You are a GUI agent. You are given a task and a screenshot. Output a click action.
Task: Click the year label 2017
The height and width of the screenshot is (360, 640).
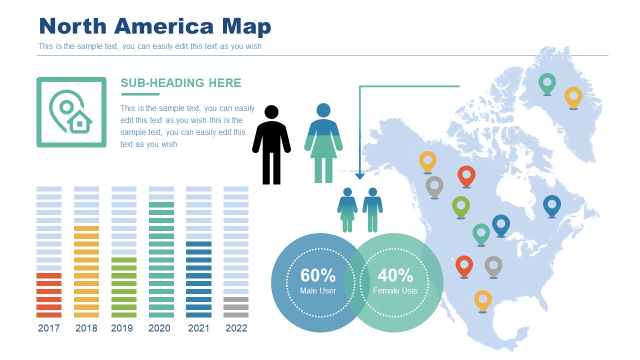[48, 328]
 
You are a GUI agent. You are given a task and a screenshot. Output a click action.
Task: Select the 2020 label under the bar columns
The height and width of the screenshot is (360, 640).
[159, 328]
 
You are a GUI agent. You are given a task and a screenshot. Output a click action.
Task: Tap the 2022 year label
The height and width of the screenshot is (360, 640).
[236, 328]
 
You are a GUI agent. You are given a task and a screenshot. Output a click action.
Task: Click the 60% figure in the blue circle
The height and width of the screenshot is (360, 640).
[318, 275]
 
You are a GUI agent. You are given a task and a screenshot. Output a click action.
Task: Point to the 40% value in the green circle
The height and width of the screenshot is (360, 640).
[395, 275]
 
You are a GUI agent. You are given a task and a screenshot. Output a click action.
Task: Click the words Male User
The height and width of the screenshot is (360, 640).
[318, 290]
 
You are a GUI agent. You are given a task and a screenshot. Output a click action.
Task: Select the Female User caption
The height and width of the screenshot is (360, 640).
[395, 290]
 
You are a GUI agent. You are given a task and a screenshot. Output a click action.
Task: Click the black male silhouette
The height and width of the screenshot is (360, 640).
[271, 145]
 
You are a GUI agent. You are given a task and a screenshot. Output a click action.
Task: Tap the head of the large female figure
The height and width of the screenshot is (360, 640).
[323, 110]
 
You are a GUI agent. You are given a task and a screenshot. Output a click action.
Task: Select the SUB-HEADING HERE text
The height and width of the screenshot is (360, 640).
[181, 83]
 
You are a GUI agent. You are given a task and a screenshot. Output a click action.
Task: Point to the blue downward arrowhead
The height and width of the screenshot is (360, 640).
[359, 176]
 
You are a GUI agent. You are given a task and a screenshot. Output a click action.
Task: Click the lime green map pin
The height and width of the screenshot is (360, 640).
[461, 205]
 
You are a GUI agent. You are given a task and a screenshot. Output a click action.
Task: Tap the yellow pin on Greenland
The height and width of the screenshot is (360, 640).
[573, 96]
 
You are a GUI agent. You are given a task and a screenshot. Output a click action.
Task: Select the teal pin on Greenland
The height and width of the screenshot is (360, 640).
[547, 82]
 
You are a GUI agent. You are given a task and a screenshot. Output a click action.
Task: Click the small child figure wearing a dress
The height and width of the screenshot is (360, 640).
[347, 209]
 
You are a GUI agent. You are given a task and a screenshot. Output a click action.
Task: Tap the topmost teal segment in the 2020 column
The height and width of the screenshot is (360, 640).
[161, 205]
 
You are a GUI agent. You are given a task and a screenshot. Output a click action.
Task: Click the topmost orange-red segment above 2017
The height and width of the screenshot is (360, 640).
[49, 276]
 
